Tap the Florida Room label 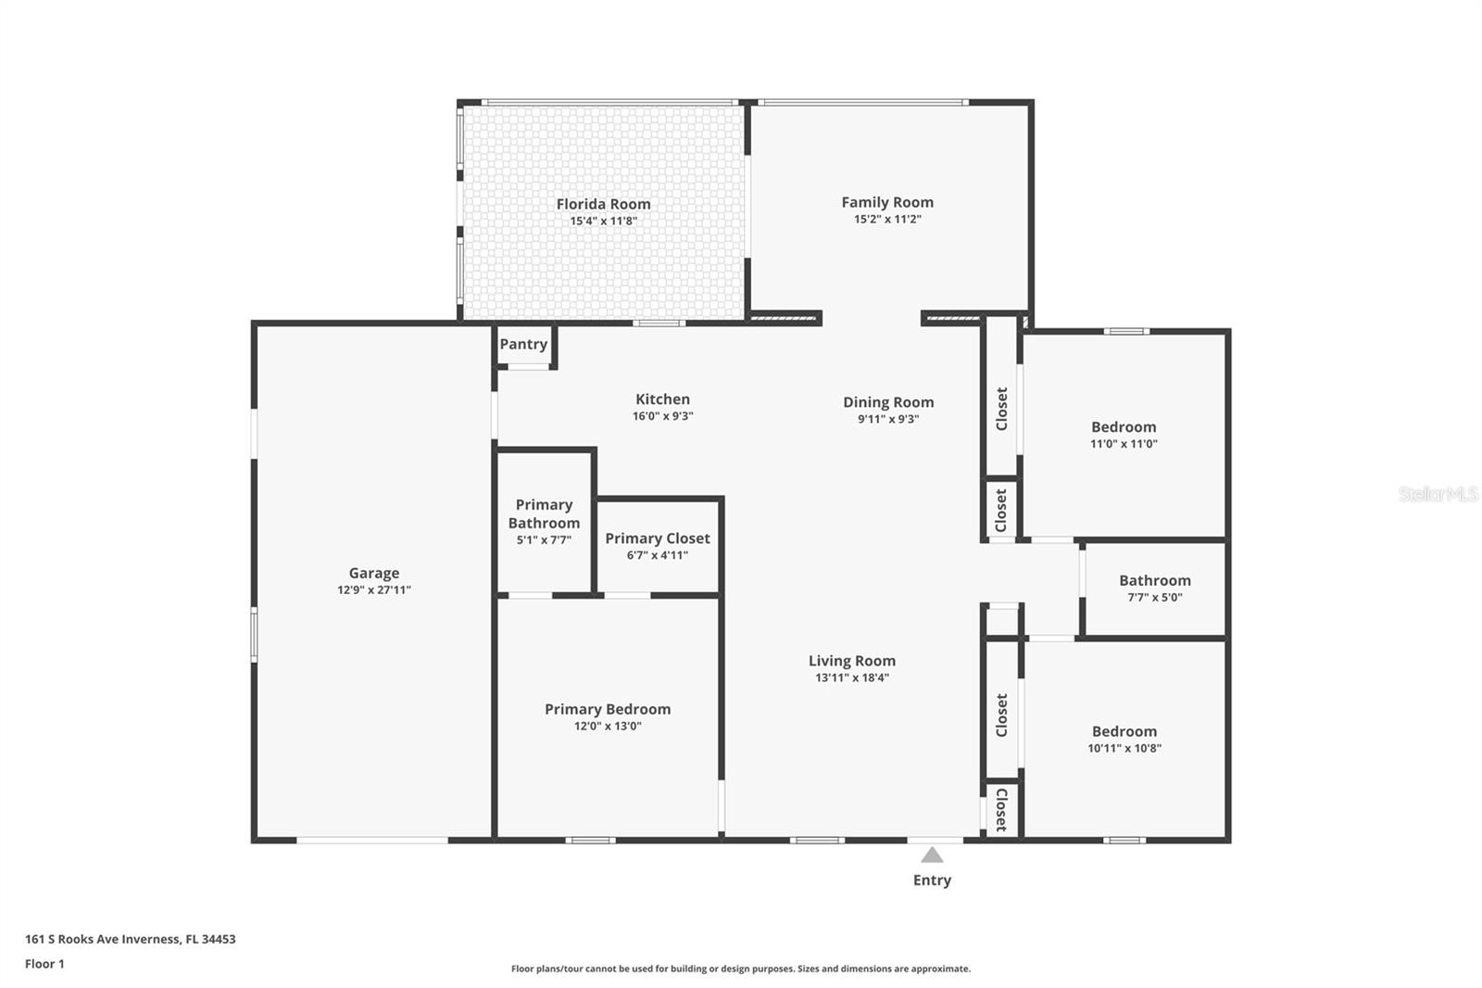pos(603,204)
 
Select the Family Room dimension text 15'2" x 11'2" pos(888,219)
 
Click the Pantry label pos(523,345)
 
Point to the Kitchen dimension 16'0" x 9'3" pos(663,416)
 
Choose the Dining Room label pos(888,402)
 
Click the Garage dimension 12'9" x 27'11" pos(374,590)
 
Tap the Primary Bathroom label pos(544,513)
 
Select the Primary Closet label pos(658,538)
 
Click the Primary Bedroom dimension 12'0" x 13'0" pos(608,726)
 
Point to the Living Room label pos(852,661)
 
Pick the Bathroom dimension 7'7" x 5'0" pos(1155,597)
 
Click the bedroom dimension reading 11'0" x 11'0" pos(1124,444)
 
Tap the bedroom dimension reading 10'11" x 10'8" pos(1124,748)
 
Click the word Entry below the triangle pos(932,880)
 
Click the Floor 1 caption pos(45,964)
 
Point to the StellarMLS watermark pos(1438,494)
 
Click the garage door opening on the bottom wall pos(372,841)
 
